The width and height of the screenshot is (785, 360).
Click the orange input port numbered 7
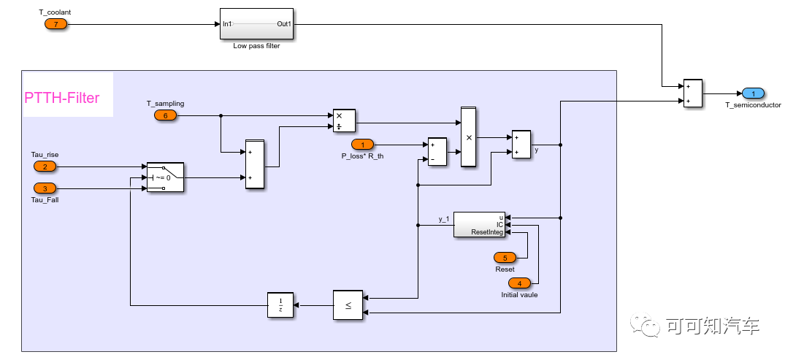click(x=55, y=24)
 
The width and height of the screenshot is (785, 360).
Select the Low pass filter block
click(x=256, y=24)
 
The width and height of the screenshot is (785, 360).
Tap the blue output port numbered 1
click(x=753, y=93)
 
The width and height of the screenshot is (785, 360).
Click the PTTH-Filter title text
click(x=62, y=98)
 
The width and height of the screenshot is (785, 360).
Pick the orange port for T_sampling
click(x=165, y=115)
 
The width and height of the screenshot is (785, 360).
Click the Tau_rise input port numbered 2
click(x=45, y=166)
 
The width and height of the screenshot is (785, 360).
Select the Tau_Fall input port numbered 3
click(x=45, y=188)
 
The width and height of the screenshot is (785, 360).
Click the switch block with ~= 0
click(x=165, y=177)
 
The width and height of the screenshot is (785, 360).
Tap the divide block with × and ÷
click(x=343, y=120)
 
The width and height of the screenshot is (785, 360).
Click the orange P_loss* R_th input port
click(x=363, y=145)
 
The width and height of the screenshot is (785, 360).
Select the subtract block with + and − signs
click(x=437, y=152)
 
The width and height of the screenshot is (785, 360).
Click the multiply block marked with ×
click(x=468, y=137)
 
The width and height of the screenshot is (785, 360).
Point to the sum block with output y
click(x=521, y=144)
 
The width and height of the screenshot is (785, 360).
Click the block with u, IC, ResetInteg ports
click(x=479, y=224)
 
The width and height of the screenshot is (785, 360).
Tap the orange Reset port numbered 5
click(x=505, y=257)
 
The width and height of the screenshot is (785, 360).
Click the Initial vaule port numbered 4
click(x=520, y=283)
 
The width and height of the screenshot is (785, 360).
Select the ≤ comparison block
click(x=348, y=305)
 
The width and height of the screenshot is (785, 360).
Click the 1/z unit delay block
click(x=280, y=305)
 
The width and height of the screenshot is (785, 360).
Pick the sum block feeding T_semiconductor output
click(x=692, y=93)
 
